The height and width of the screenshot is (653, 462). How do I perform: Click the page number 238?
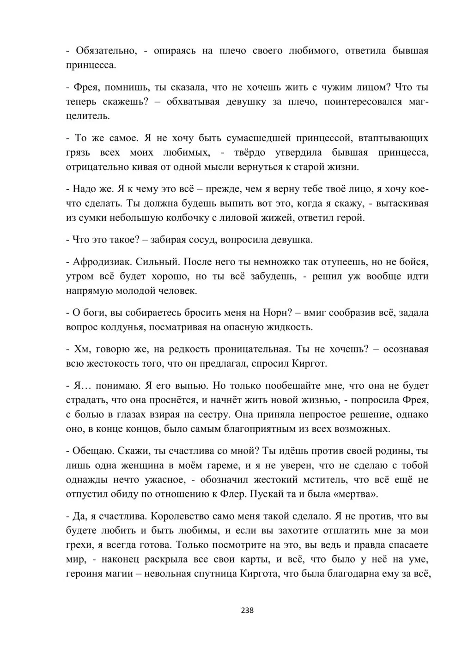point(247,610)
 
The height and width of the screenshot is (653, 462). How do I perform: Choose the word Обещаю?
point(90,451)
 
